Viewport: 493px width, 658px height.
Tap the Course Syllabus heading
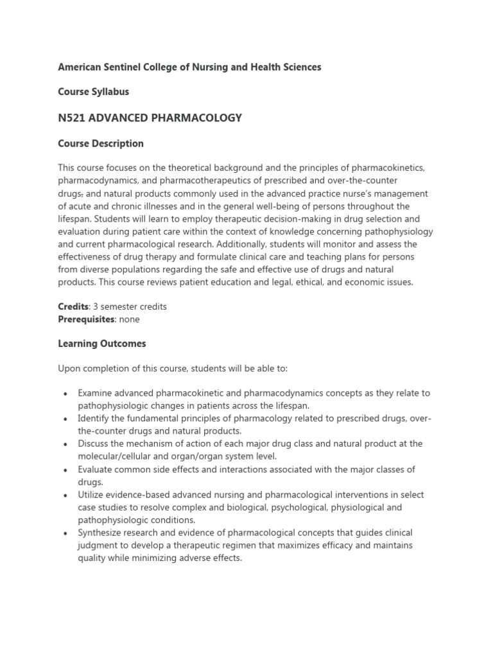click(94, 92)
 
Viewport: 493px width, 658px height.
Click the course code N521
click(73, 118)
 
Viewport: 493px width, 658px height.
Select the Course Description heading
click(101, 143)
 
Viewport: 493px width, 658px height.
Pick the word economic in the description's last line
click(340, 282)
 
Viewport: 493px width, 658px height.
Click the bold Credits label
click(73, 307)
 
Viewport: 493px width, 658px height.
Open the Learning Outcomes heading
click(102, 344)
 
